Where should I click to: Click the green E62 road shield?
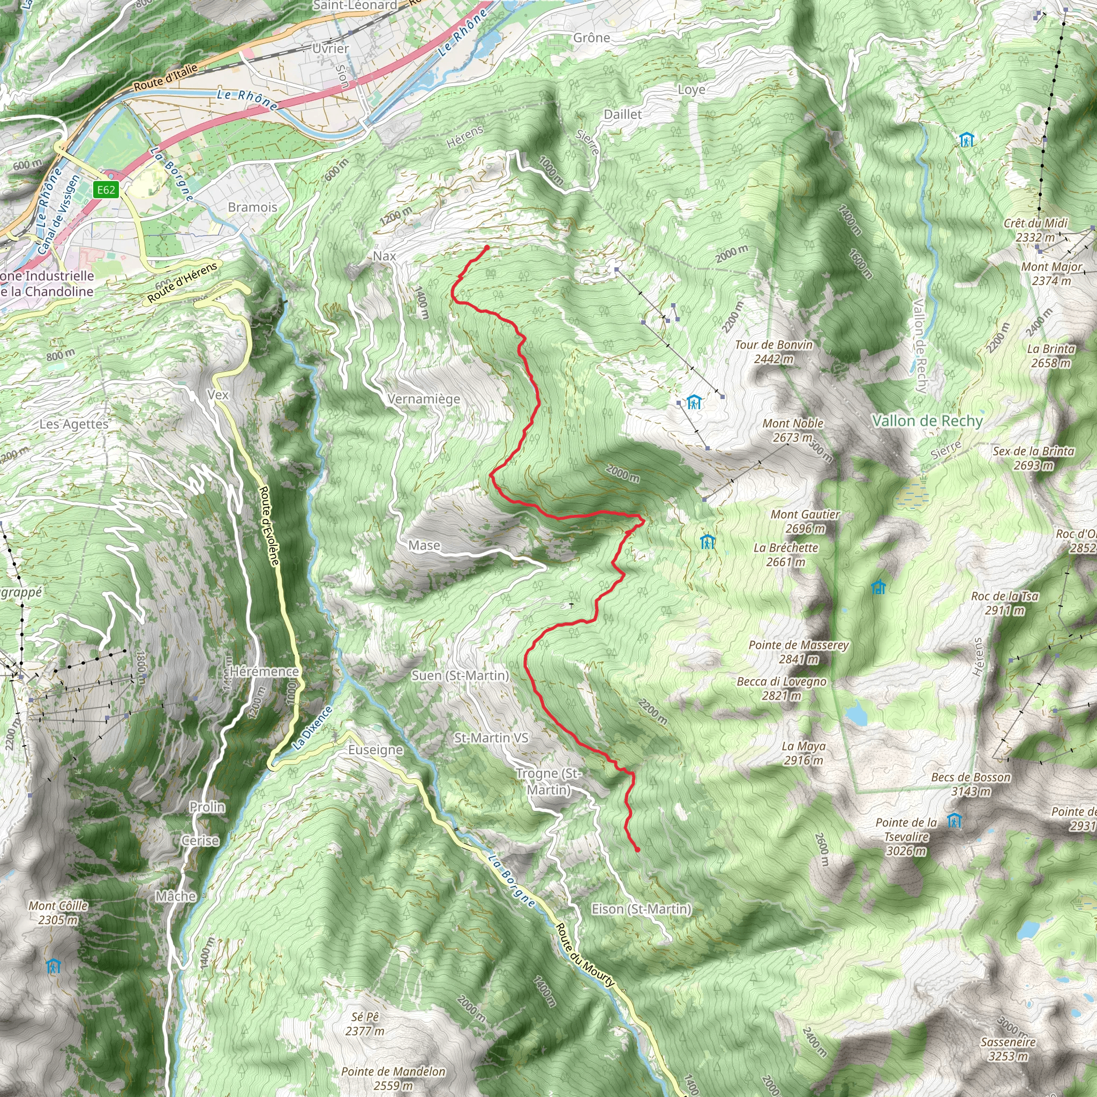coord(106,190)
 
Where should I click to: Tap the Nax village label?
coord(385,256)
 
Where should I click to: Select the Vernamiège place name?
coord(424,399)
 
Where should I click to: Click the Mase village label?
coord(424,545)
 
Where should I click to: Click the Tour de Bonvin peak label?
coord(774,351)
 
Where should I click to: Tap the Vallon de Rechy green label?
coord(927,420)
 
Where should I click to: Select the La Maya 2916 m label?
coord(803,753)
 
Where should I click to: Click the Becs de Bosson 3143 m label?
coord(971,784)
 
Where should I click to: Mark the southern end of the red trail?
coord(637,850)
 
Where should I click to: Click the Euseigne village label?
coord(375,749)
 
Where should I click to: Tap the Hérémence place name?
coord(265,671)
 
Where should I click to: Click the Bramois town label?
coord(253,207)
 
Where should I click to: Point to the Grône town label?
coord(592,38)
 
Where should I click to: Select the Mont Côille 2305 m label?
coord(58,912)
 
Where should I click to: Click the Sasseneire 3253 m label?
coord(1008,1049)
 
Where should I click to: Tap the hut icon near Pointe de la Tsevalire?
coord(955,820)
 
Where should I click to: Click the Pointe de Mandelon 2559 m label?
coord(394,1078)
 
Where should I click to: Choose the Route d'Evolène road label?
coord(269,525)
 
